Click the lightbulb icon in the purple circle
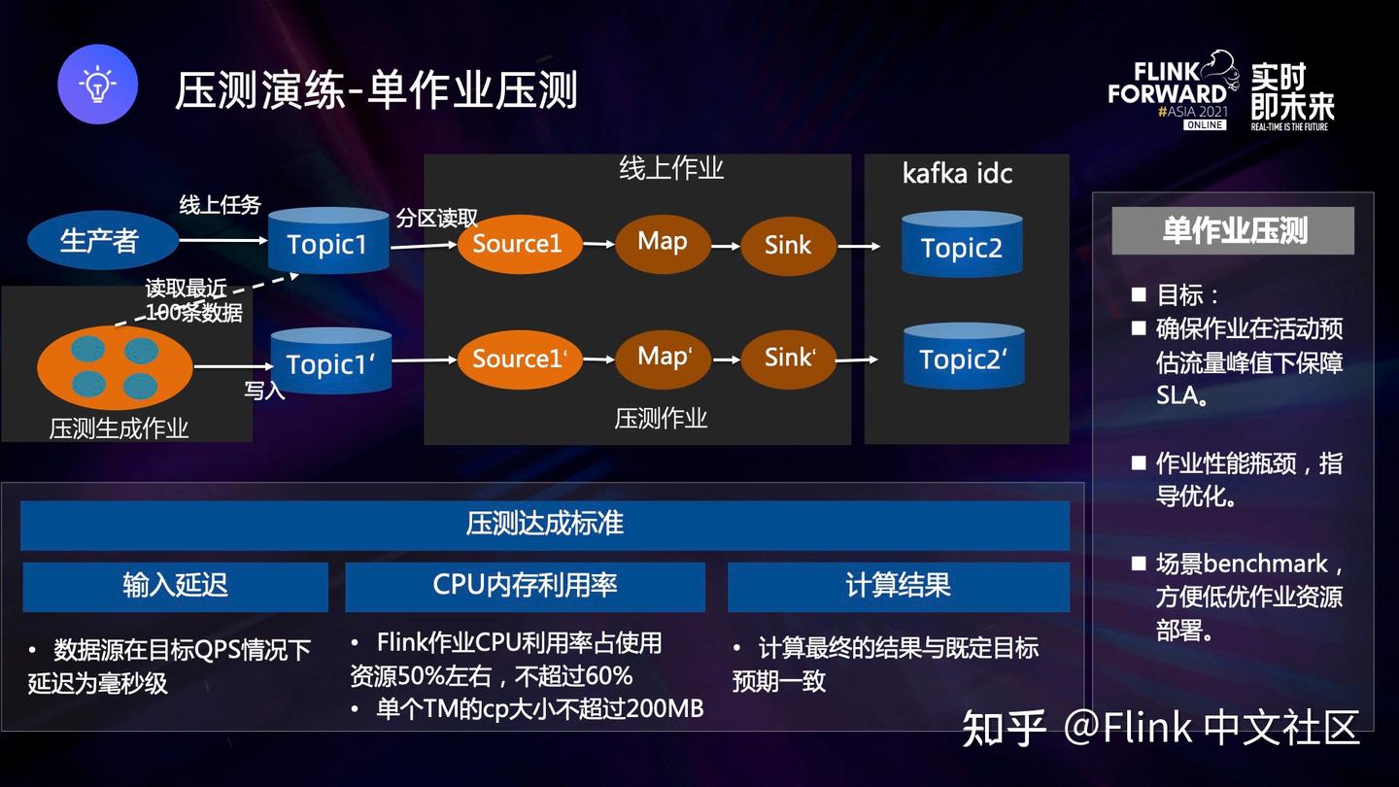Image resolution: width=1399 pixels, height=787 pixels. (97, 85)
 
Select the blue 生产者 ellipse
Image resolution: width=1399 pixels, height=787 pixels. (102, 241)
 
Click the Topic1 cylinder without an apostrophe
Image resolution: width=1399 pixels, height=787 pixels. (327, 243)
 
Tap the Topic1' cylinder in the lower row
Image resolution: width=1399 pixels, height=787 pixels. (330, 362)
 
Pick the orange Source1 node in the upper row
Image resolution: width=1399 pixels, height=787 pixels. (519, 244)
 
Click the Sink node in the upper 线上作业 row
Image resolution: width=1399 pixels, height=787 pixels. (788, 245)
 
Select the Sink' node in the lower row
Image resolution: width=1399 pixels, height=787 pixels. (788, 359)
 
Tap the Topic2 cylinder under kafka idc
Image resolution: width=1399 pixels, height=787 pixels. (961, 247)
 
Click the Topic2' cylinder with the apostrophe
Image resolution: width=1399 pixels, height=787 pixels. (963, 359)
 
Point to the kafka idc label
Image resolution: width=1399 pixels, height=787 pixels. (957, 174)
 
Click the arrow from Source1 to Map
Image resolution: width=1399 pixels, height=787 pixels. (598, 245)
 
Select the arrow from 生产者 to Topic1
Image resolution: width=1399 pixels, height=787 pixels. (222, 239)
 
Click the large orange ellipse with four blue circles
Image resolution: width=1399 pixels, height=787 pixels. (115, 367)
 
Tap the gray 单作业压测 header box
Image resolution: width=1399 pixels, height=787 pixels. (1232, 230)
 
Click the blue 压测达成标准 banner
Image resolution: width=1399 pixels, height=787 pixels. (544, 525)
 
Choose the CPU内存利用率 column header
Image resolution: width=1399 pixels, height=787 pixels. (525, 586)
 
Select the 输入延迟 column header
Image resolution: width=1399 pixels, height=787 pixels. (175, 586)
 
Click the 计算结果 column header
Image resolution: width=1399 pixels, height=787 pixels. (898, 586)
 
